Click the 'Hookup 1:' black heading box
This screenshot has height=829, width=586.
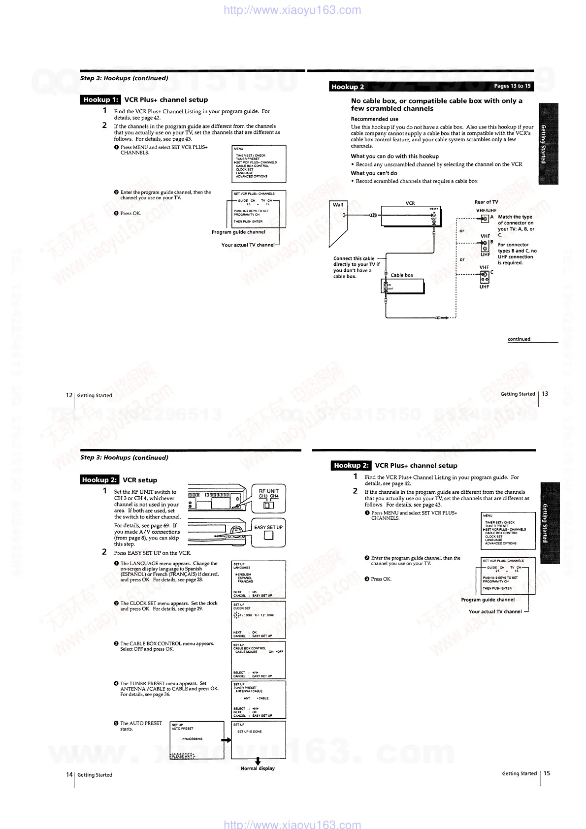(100, 100)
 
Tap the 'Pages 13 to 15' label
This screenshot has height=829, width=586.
(512, 86)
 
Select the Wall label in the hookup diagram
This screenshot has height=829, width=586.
(338, 205)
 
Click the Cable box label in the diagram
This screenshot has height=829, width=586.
(402, 275)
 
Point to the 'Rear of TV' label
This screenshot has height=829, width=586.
(486, 202)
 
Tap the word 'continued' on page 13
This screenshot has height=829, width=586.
(519, 339)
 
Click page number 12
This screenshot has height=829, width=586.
(69, 395)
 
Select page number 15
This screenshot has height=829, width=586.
(547, 773)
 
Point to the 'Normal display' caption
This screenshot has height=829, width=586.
(258, 768)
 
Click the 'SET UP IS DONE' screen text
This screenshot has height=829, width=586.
(250, 732)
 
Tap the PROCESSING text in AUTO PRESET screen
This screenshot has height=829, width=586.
(192, 739)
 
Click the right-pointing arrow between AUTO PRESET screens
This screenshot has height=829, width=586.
(226, 740)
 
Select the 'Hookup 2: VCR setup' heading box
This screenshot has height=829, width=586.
(100, 480)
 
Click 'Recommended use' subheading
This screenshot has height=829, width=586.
(374, 119)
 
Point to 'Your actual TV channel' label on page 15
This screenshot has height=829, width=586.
(495, 611)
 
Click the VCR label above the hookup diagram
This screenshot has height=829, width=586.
(410, 203)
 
